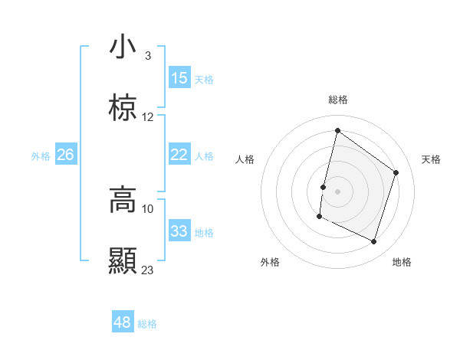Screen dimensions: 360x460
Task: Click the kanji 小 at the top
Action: (123, 47)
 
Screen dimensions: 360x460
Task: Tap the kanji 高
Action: (123, 199)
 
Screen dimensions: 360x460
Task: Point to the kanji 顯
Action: (123, 261)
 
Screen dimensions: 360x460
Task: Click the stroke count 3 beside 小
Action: (147, 56)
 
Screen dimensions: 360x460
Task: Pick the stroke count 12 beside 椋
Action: (148, 117)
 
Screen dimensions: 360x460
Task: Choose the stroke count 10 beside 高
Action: (148, 208)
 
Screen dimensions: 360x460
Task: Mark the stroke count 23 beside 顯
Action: (148, 270)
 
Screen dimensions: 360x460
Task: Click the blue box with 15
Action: (179, 78)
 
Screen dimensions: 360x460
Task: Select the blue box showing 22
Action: (179, 155)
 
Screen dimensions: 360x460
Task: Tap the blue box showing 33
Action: (179, 231)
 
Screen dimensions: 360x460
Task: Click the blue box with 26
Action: (66, 155)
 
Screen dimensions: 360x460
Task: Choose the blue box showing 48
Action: (123, 322)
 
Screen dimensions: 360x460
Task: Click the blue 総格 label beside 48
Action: (147, 324)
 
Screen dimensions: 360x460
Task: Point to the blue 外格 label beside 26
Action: (41, 156)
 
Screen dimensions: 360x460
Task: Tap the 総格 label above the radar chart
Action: (337, 100)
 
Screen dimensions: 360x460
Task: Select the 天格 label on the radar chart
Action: (431, 159)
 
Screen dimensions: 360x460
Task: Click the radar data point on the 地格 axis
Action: (373, 242)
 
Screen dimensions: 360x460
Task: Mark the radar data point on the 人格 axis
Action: (324, 187)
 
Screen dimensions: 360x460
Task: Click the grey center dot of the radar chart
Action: (337, 191)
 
